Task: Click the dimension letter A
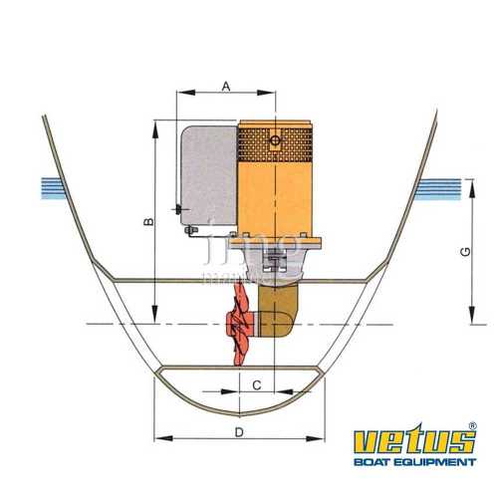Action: tap(226, 87)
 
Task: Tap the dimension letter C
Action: tap(257, 383)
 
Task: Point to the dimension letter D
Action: tap(239, 431)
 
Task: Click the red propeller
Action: tap(240, 324)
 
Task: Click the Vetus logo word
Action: tap(410, 442)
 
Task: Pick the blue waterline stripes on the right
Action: tap(443, 186)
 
